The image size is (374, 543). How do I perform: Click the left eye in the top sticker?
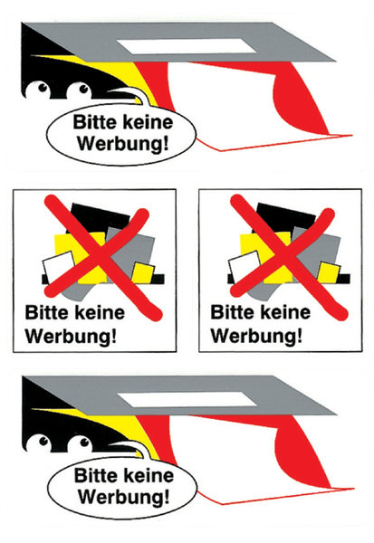[38, 90]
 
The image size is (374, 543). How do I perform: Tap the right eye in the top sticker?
[80, 90]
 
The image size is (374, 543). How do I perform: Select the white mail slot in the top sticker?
[187, 46]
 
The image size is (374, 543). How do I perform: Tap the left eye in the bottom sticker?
[40, 443]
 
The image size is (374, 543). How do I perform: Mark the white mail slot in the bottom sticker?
[187, 400]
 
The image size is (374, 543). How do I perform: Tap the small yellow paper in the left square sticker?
[142, 272]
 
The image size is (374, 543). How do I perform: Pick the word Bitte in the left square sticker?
[46, 313]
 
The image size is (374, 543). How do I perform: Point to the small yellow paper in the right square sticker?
[328, 272]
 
